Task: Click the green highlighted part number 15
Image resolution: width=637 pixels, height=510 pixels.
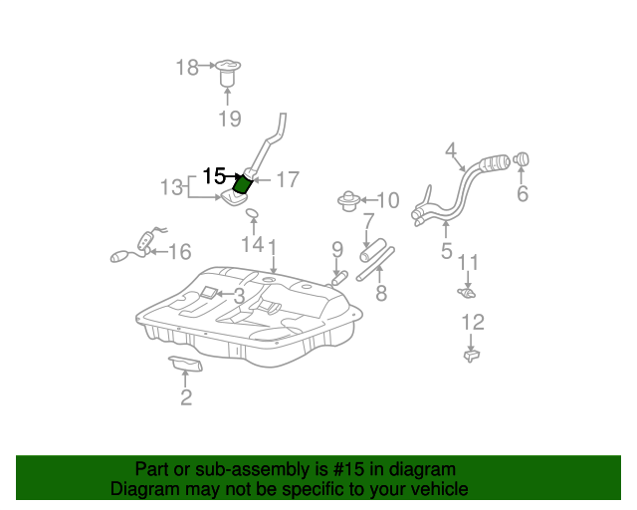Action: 241,183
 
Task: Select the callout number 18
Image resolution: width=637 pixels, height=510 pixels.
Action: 187,67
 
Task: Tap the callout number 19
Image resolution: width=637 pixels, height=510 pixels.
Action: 229,120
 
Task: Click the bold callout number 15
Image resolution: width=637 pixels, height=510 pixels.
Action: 214,176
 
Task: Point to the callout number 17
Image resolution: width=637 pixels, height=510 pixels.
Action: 287,180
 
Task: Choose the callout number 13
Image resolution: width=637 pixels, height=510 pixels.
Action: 172,186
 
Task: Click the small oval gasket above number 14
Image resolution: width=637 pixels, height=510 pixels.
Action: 253,214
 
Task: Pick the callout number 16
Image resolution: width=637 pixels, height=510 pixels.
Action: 179,252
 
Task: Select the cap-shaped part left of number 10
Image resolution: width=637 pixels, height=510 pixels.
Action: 348,200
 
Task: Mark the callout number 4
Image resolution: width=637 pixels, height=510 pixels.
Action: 450,150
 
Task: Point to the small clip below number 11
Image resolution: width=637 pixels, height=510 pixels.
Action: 466,292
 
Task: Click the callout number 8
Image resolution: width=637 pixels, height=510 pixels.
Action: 380,294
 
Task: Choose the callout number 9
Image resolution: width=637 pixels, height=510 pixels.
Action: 336,248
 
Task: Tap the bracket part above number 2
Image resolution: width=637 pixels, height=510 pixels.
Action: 186,364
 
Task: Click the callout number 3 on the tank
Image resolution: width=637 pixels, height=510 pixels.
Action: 239,296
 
